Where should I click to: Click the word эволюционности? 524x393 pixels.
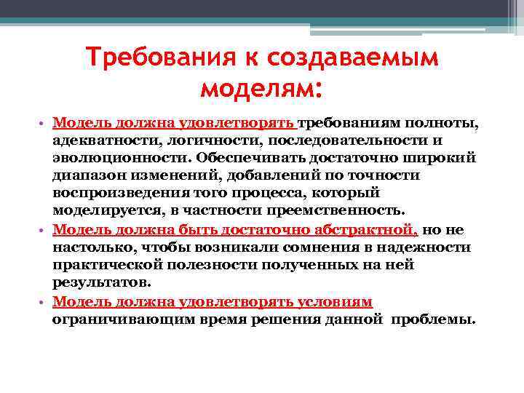point(98,157)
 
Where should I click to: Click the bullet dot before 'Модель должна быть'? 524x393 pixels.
point(44,230)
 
